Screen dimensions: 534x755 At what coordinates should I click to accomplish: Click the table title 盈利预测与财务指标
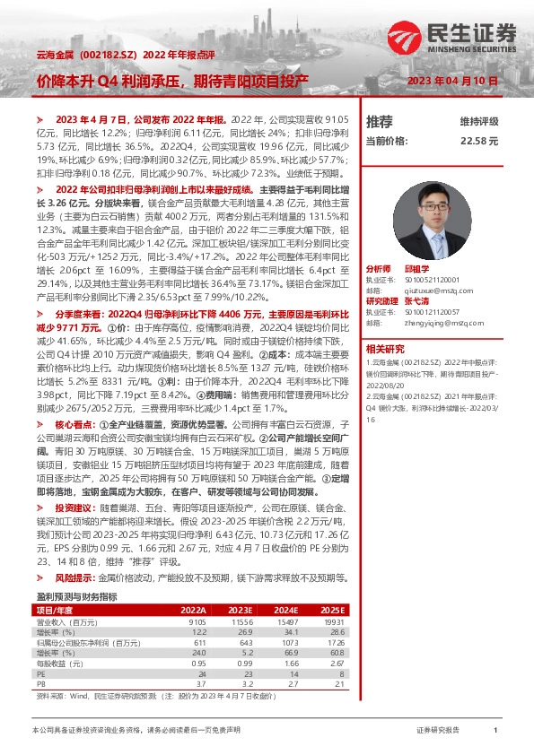(76, 595)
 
